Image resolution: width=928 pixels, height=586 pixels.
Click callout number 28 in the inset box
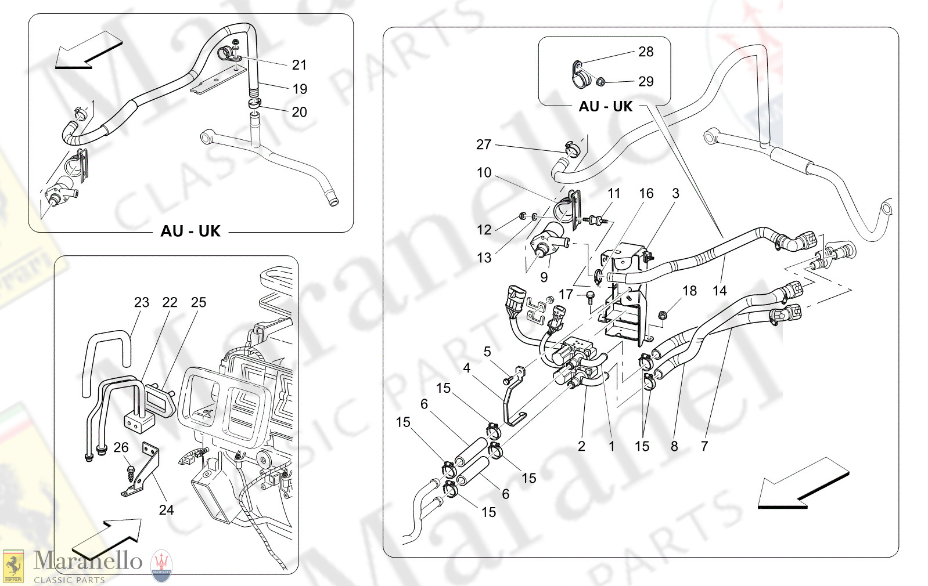coord(646,52)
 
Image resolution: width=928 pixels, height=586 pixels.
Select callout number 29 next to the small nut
coord(646,81)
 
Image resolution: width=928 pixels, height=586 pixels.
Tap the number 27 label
coord(484,144)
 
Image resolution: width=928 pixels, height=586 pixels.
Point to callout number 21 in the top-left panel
coord(299,65)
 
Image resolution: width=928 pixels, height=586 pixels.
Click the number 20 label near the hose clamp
coord(299,112)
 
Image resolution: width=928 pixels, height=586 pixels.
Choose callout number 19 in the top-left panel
coord(300,89)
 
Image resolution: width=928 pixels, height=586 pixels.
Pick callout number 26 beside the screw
coord(121,447)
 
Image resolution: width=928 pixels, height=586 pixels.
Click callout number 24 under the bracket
coord(166,510)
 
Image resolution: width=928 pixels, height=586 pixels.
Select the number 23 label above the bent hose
coord(142,302)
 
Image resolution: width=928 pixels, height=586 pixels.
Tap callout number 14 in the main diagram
coord(720,291)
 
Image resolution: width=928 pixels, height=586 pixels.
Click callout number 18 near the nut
coord(689,291)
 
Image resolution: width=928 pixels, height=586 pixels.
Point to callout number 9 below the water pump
coord(544,277)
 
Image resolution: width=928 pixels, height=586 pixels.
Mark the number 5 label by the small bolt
coord(487,352)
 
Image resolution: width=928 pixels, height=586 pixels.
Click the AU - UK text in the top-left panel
coord(190,231)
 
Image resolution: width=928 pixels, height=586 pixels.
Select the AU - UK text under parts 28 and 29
coord(605,106)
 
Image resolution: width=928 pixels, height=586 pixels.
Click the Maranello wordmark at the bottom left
coord(88,561)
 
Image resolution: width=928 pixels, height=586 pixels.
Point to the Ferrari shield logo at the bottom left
coord(13,566)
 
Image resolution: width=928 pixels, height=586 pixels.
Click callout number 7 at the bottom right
coord(704,446)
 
